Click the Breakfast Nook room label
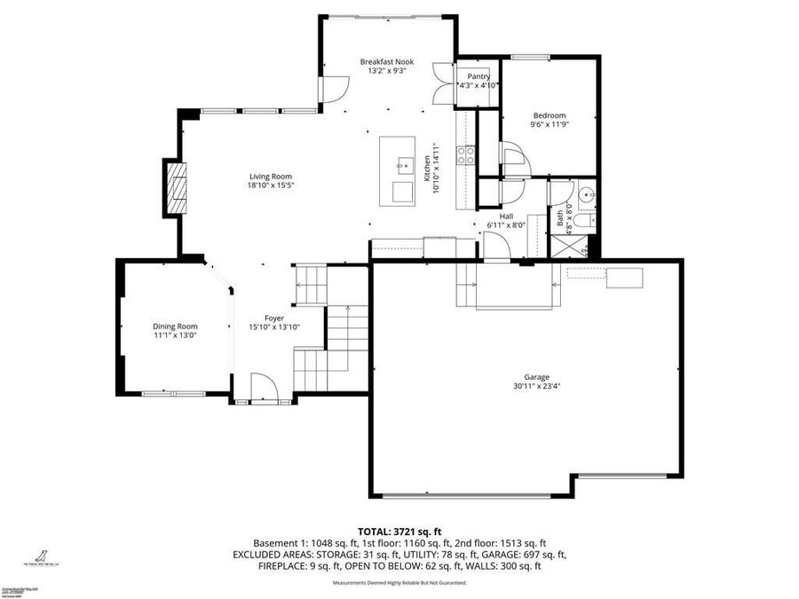point(386,61)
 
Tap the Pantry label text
point(479,76)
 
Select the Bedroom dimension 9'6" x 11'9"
point(549,125)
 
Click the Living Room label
point(270,176)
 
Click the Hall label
point(506,216)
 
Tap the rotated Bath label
point(559,217)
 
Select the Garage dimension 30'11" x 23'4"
point(536,386)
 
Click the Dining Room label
point(174,326)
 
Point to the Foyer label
point(274,318)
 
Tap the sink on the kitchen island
point(403,164)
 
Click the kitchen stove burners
point(465,155)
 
